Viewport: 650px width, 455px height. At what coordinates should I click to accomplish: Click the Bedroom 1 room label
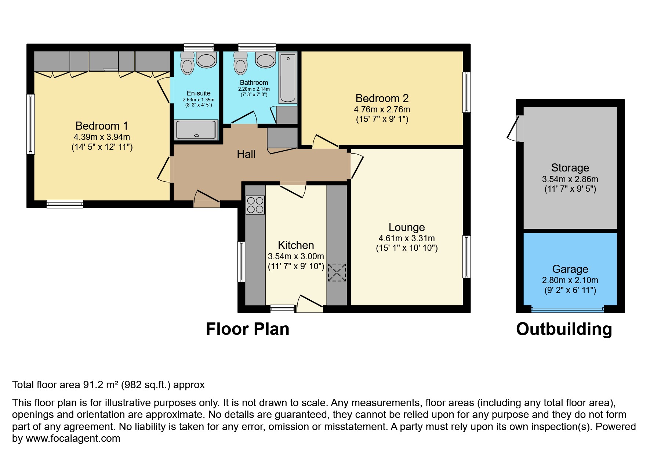point(102,126)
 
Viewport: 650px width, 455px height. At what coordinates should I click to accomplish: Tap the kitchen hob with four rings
point(255,205)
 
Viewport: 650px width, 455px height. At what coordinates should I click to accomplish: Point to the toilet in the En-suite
point(188,64)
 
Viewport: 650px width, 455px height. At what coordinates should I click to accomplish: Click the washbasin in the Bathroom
point(265,60)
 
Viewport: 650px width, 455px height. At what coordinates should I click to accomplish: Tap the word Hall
point(246,154)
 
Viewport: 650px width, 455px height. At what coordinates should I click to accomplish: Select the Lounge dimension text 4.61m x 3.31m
point(407,238)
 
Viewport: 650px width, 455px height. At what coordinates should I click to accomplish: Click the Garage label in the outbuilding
point(570,269)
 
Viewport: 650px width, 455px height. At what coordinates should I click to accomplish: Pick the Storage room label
point(570,168)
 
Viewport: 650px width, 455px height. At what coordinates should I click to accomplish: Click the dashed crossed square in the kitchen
point(337,272)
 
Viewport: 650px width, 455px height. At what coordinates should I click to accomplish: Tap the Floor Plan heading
point(247,329)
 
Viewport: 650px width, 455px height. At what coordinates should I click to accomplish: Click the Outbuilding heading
point(564,329)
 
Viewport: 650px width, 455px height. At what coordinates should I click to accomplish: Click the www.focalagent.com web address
point(73,438)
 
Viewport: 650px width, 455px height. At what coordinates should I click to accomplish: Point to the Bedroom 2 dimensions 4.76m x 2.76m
point(382,109)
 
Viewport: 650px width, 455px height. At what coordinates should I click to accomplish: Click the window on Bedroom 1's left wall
point(31,124)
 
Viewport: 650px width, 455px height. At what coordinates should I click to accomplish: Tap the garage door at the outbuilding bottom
point(567,310)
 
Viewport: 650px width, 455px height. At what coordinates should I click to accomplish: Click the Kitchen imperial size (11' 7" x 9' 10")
point(296,266)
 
